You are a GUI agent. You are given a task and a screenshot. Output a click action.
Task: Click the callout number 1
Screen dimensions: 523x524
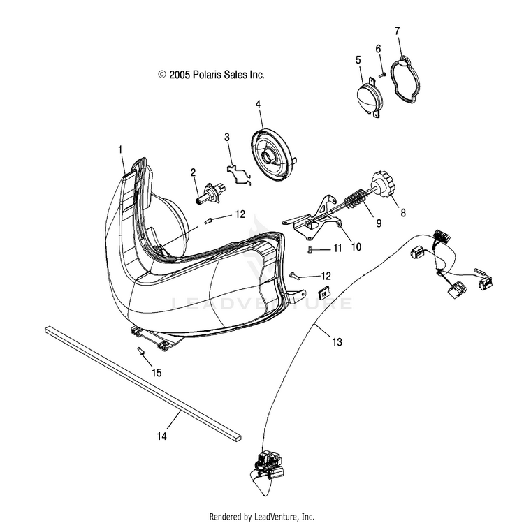pos(120,149)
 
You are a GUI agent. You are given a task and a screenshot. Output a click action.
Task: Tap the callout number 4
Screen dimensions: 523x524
pos(258,105)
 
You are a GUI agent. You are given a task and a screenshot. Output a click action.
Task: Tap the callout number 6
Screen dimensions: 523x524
pos(378,49)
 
